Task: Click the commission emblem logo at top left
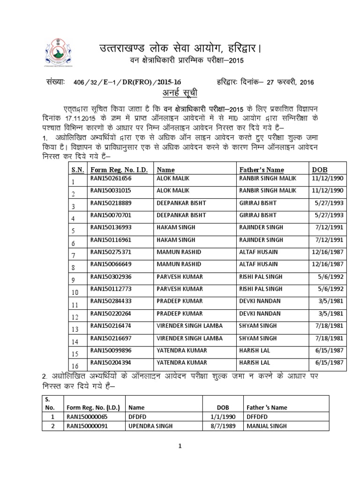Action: point(59,54)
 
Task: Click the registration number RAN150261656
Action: point(111,178)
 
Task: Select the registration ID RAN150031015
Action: point(111,190)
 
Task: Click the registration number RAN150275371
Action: point(111,252)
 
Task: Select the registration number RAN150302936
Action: point(111,276)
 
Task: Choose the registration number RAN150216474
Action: point(111,325)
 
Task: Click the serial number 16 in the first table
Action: point(75,366)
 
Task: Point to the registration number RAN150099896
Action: point(111,350)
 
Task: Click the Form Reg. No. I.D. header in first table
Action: point(116,169)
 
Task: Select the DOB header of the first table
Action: point(320,169)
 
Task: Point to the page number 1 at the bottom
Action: point(179,446)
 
